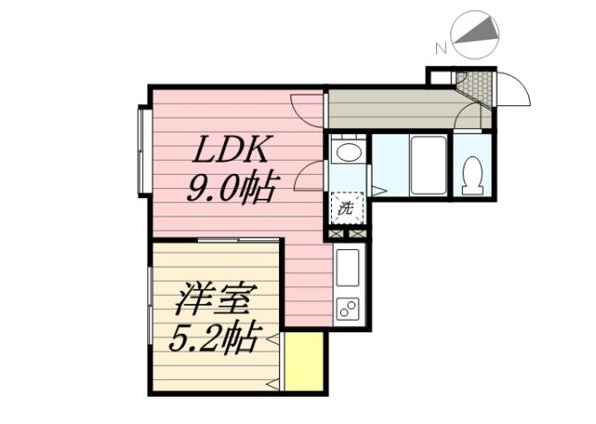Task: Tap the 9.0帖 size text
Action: coord(231,187)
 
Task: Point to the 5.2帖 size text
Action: coord(215,337)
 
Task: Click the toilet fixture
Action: coord(473,174)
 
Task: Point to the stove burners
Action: coord(346,310)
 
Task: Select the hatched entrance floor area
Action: coord(476,87)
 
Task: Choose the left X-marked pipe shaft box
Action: coord(336,234)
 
